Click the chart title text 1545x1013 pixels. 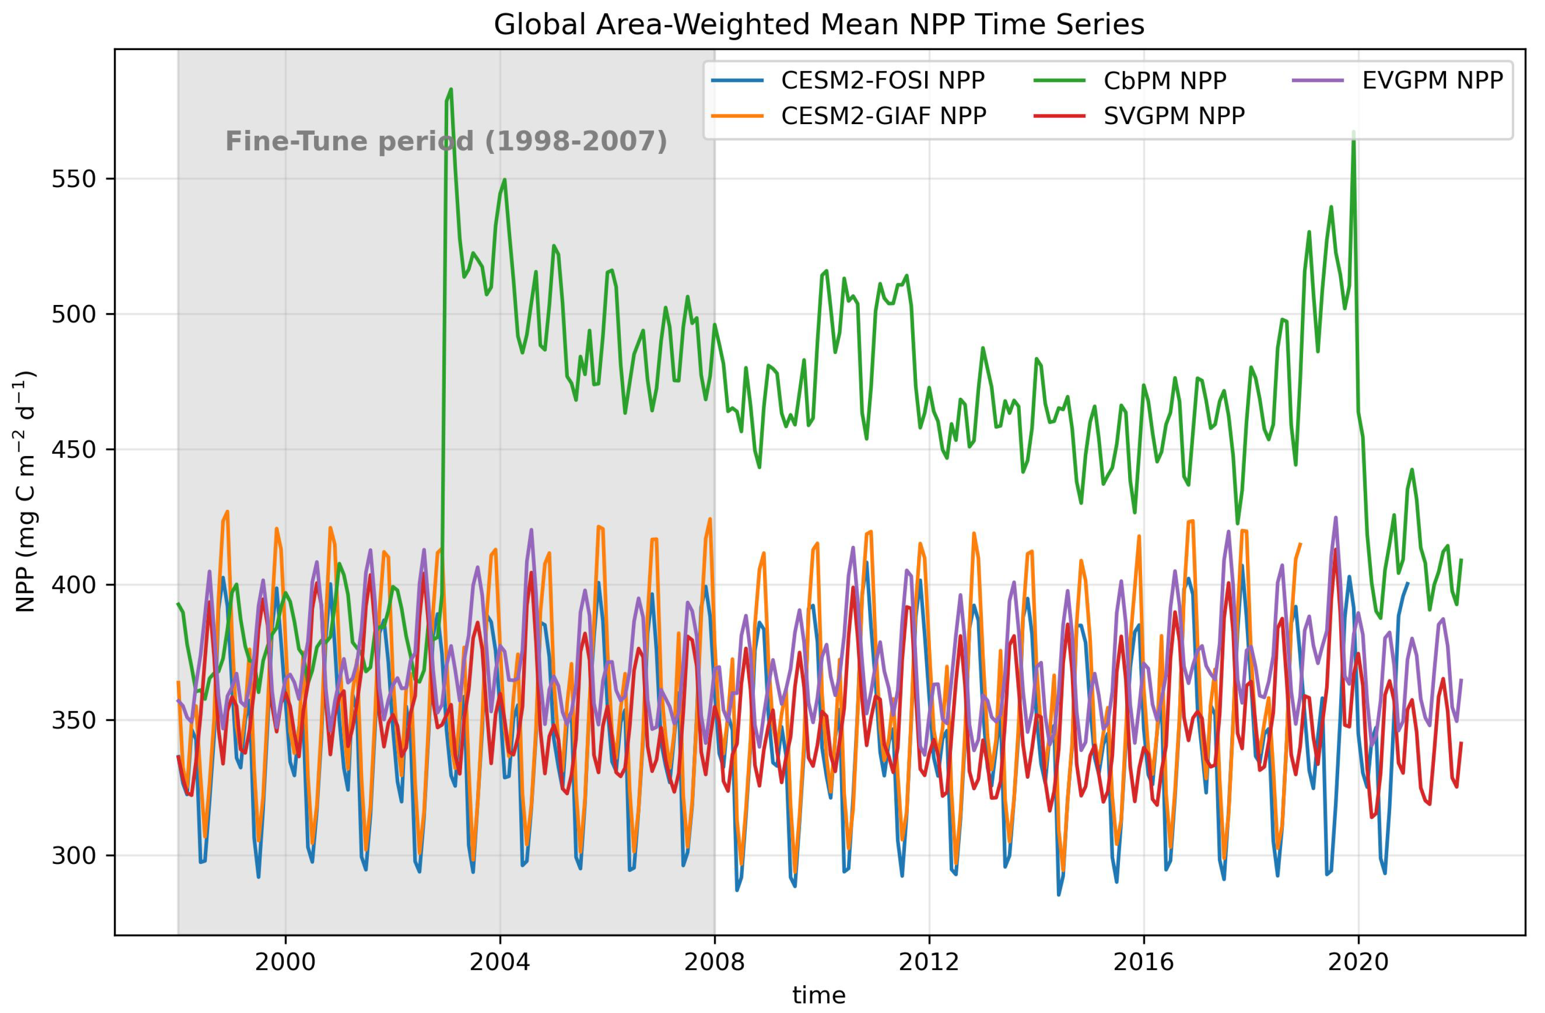click(x=818, y=25)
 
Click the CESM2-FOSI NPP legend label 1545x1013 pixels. click(x=882, y=80)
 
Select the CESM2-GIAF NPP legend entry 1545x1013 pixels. click(x=883, y=115)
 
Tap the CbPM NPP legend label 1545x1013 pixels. click(x=1165, y=80)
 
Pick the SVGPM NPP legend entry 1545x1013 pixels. click(x=1174, y=115)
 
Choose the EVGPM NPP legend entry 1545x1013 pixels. click(x=1432, y=80)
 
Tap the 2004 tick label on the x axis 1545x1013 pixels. click(x=500, y=962)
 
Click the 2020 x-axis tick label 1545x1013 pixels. click(x=1358, y=962)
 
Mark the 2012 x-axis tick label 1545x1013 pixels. click(x=929, y=962)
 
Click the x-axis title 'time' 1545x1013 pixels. click(x=818, y=995)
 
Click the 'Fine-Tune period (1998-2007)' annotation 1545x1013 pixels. click(x=446, y=141)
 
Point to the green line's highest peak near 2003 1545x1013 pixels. click(x=451, y=89)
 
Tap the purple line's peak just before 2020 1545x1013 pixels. click(x=1335, y=518)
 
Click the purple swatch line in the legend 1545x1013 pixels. click(x=1318, y=80)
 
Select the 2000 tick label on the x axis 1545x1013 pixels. click(x=285, y=962)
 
